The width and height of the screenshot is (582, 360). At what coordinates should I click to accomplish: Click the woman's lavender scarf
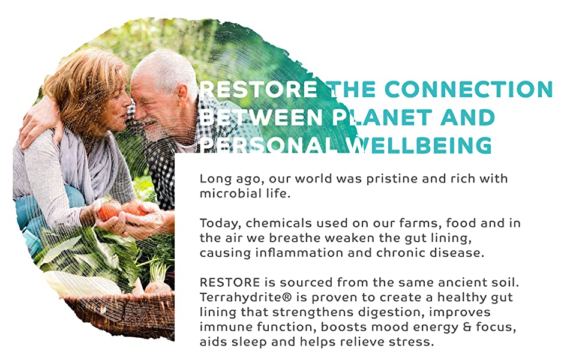coord(89,163)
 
